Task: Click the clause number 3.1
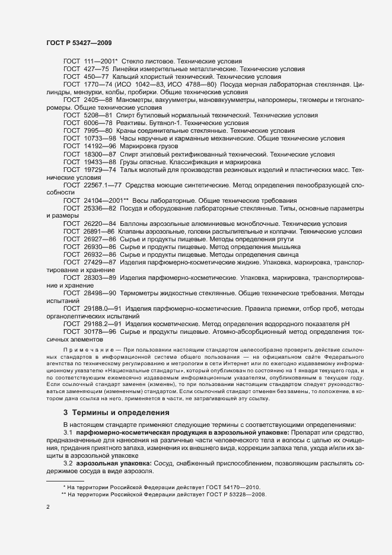point(69,433)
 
